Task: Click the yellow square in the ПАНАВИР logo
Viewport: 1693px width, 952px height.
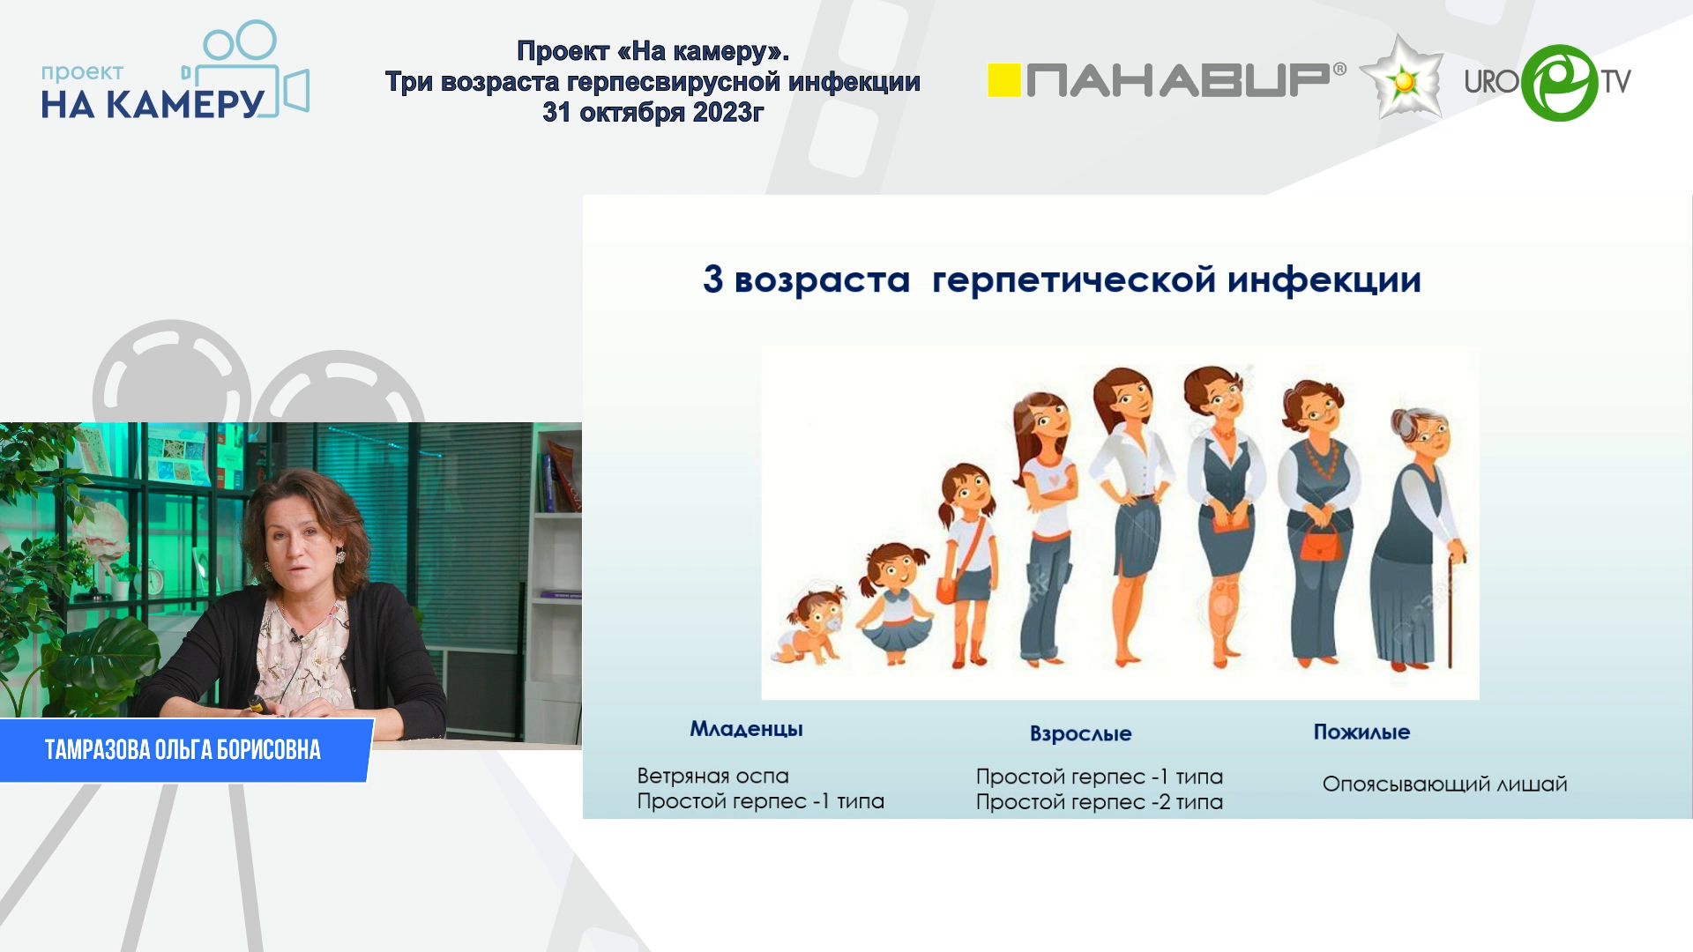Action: coord(1003,80)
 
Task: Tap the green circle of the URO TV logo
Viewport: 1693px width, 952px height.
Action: coord(1560,82)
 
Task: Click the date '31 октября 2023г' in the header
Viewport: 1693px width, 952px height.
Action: coord(653,113)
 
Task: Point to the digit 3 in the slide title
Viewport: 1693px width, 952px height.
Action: coord(712,279)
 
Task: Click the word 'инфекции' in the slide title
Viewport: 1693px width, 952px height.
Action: coord(1324,281)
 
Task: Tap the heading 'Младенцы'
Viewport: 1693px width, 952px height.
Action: coord(746,730)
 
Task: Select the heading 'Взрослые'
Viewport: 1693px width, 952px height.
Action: coord(1080,733)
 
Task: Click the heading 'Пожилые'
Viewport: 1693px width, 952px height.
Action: coord(1361,732)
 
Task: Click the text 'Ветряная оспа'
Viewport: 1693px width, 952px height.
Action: coord(712,777)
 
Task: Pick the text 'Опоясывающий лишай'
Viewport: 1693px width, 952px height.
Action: coord(1444,784)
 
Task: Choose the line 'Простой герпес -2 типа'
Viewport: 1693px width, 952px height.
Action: coord(1099,802)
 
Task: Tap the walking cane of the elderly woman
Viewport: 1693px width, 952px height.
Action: coord(1451,608)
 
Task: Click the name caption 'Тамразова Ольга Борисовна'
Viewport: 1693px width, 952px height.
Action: coord(183,750)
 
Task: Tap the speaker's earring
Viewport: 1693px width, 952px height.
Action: coord(339,557)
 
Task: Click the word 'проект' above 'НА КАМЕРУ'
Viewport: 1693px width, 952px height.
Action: coord(82,73)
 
